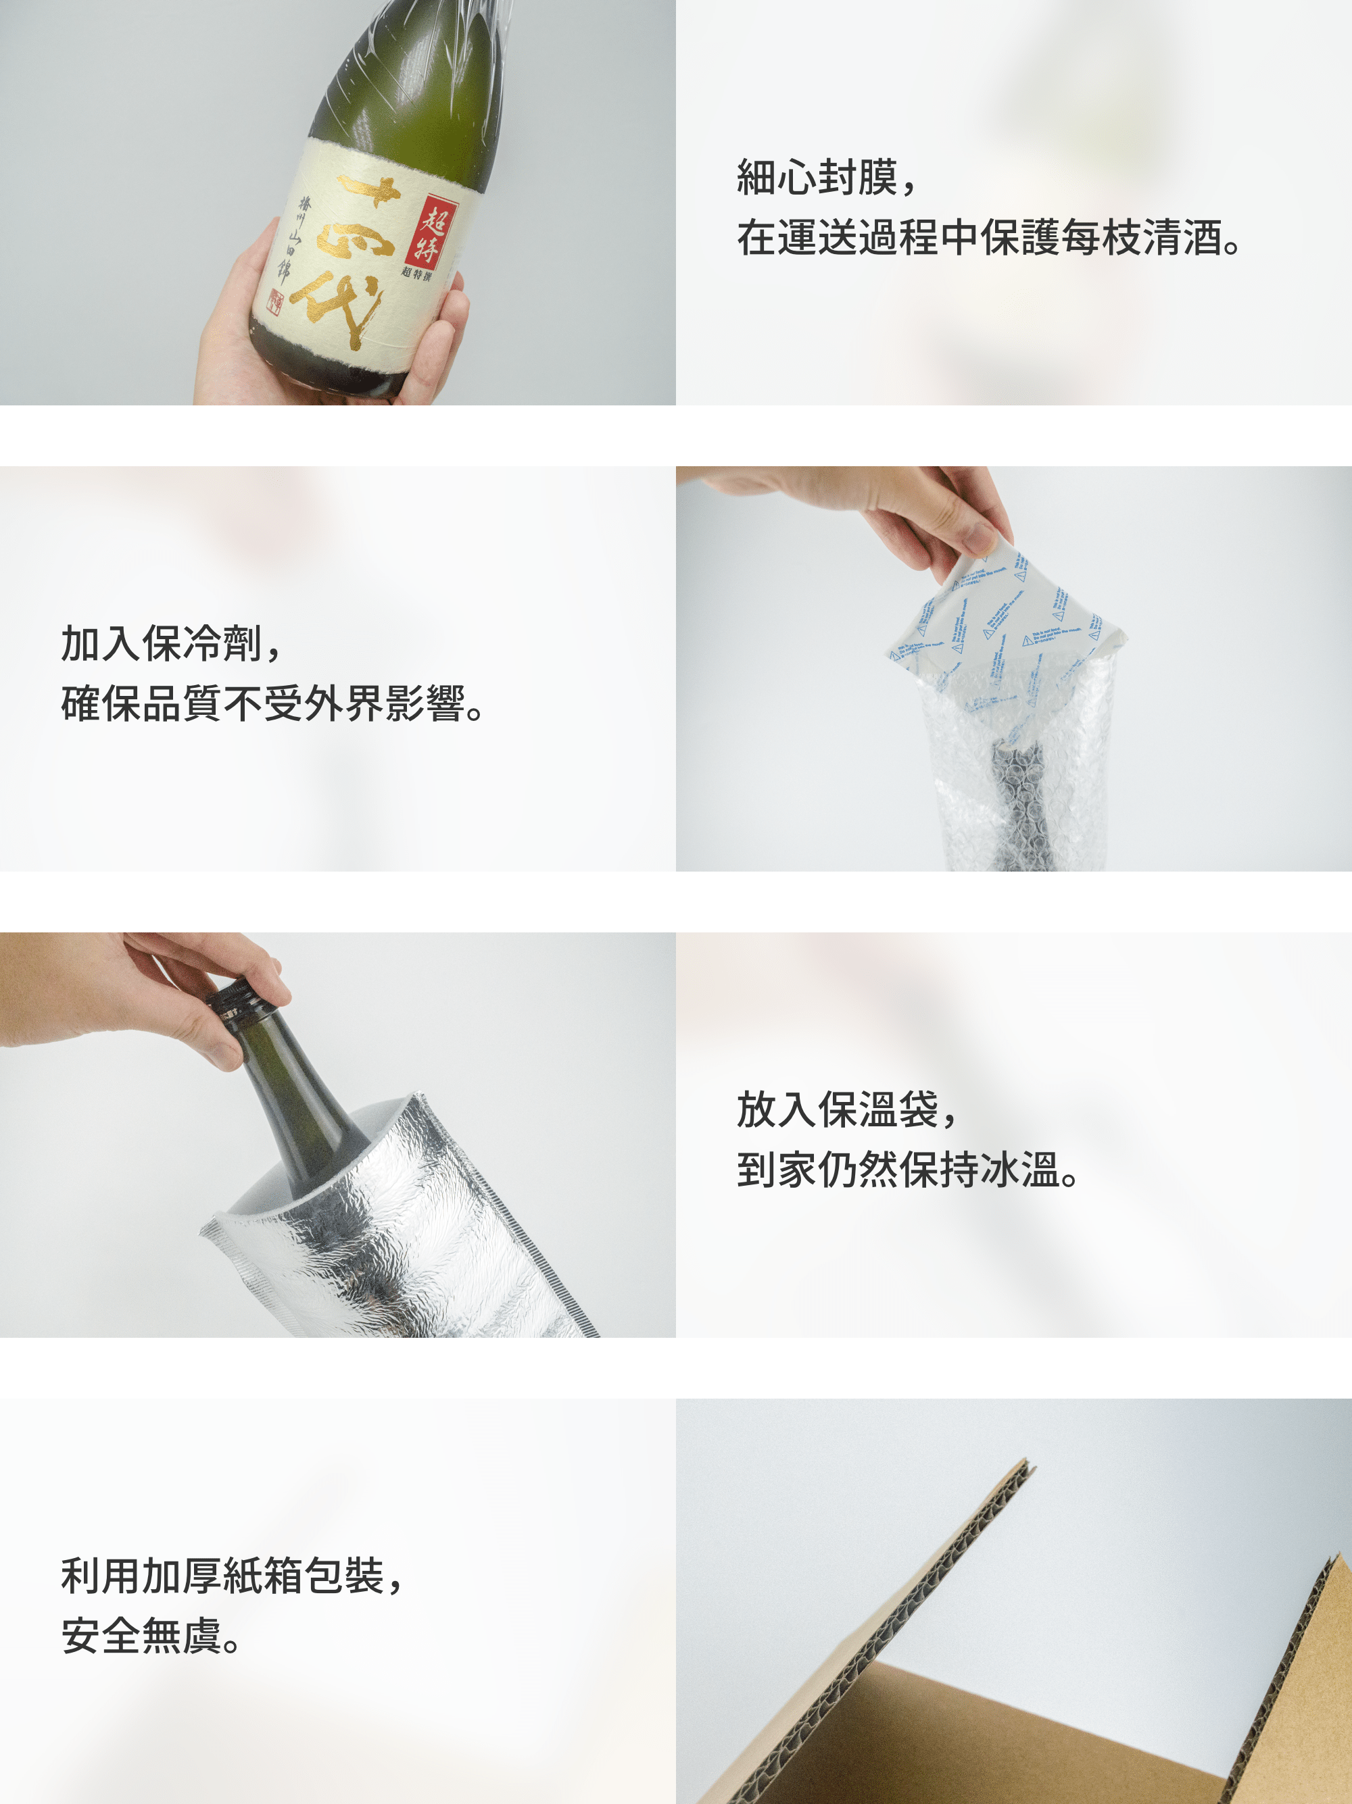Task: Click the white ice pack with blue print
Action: (x=1008, y=620)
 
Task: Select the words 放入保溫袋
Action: (x=838, y=1109)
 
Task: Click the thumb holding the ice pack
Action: (x=975, y=534)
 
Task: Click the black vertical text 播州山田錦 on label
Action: (x=295, y=236)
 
